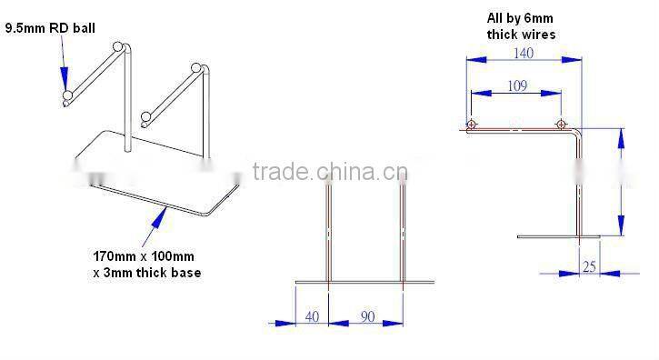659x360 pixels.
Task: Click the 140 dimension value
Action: (x=523, y=53)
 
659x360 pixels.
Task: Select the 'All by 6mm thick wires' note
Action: (x=521, y=25)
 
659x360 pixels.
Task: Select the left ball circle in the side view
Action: (x=472, y=125)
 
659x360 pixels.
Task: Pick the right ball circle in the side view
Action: (x=561, y=125)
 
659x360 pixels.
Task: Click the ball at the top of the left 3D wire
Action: (x=115, y=47)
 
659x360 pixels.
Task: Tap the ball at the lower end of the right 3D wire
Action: (x=145, y=116)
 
